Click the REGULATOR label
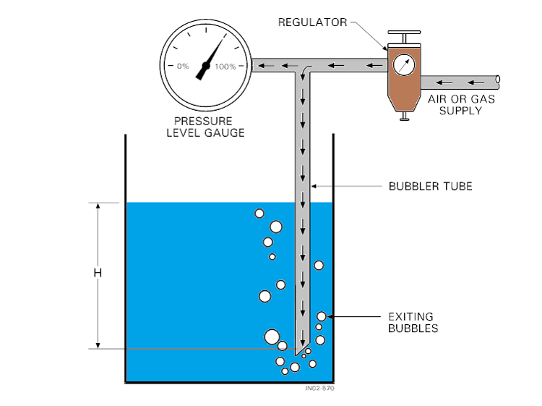(312, 22)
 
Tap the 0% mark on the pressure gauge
(183, 67)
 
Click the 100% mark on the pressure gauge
(225, 67)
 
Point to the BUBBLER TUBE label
(430, 186)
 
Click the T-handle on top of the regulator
(403, 35)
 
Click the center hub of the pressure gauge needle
(205, 67)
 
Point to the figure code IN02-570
(319, 389)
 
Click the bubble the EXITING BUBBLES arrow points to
(322, 316)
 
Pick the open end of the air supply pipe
(499, 80)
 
